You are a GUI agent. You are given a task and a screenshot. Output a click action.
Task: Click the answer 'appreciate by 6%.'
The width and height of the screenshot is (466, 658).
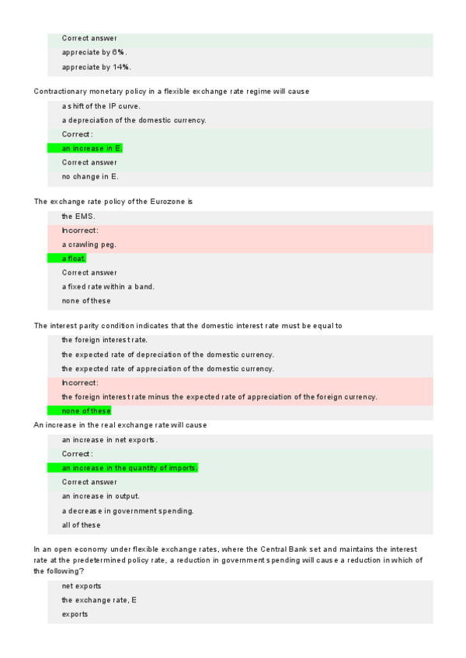click(95, 53)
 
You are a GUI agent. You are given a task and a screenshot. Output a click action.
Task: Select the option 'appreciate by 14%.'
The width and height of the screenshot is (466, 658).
click(96, 67)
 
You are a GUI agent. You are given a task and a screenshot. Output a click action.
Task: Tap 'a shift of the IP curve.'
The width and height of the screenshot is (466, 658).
click(101, 106)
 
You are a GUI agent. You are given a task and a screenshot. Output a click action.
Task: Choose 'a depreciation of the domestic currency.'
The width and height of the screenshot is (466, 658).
click(134, 120)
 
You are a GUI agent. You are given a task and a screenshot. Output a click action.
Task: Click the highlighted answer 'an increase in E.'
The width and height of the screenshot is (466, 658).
click(92, 148)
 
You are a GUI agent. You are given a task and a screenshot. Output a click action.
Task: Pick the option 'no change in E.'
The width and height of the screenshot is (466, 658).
click(90, 176)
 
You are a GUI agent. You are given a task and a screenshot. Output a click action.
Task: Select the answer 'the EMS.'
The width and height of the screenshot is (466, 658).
click(78, 216)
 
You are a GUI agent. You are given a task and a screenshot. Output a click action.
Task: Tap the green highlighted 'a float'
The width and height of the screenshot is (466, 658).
click(74, 258)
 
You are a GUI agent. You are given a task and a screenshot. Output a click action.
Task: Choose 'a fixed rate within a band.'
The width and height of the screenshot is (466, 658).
click(108, 286)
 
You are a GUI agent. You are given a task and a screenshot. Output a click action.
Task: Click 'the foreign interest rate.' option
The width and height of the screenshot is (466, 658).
click(104, 340)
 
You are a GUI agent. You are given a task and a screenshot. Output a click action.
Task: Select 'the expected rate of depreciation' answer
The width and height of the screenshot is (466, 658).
click(168, 355)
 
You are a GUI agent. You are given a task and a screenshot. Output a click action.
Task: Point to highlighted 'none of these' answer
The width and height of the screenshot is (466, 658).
click(86, 410)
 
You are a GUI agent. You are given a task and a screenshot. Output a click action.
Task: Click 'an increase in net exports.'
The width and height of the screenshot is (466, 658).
click(110, 440)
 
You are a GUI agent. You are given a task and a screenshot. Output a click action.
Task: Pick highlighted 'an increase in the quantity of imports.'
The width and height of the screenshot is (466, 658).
click(130, 468)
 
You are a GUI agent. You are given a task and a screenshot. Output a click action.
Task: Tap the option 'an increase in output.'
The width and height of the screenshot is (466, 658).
click(100, 496)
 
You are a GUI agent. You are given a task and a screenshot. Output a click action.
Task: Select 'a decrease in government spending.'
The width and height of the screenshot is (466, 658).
click(127, 511)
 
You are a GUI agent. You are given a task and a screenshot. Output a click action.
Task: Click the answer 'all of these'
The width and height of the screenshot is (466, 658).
click(81, 525)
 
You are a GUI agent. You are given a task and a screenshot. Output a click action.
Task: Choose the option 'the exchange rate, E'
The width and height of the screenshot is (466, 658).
click(99, 600)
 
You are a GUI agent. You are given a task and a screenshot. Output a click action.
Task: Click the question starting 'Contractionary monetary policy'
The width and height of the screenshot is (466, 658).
click(171, 92)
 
